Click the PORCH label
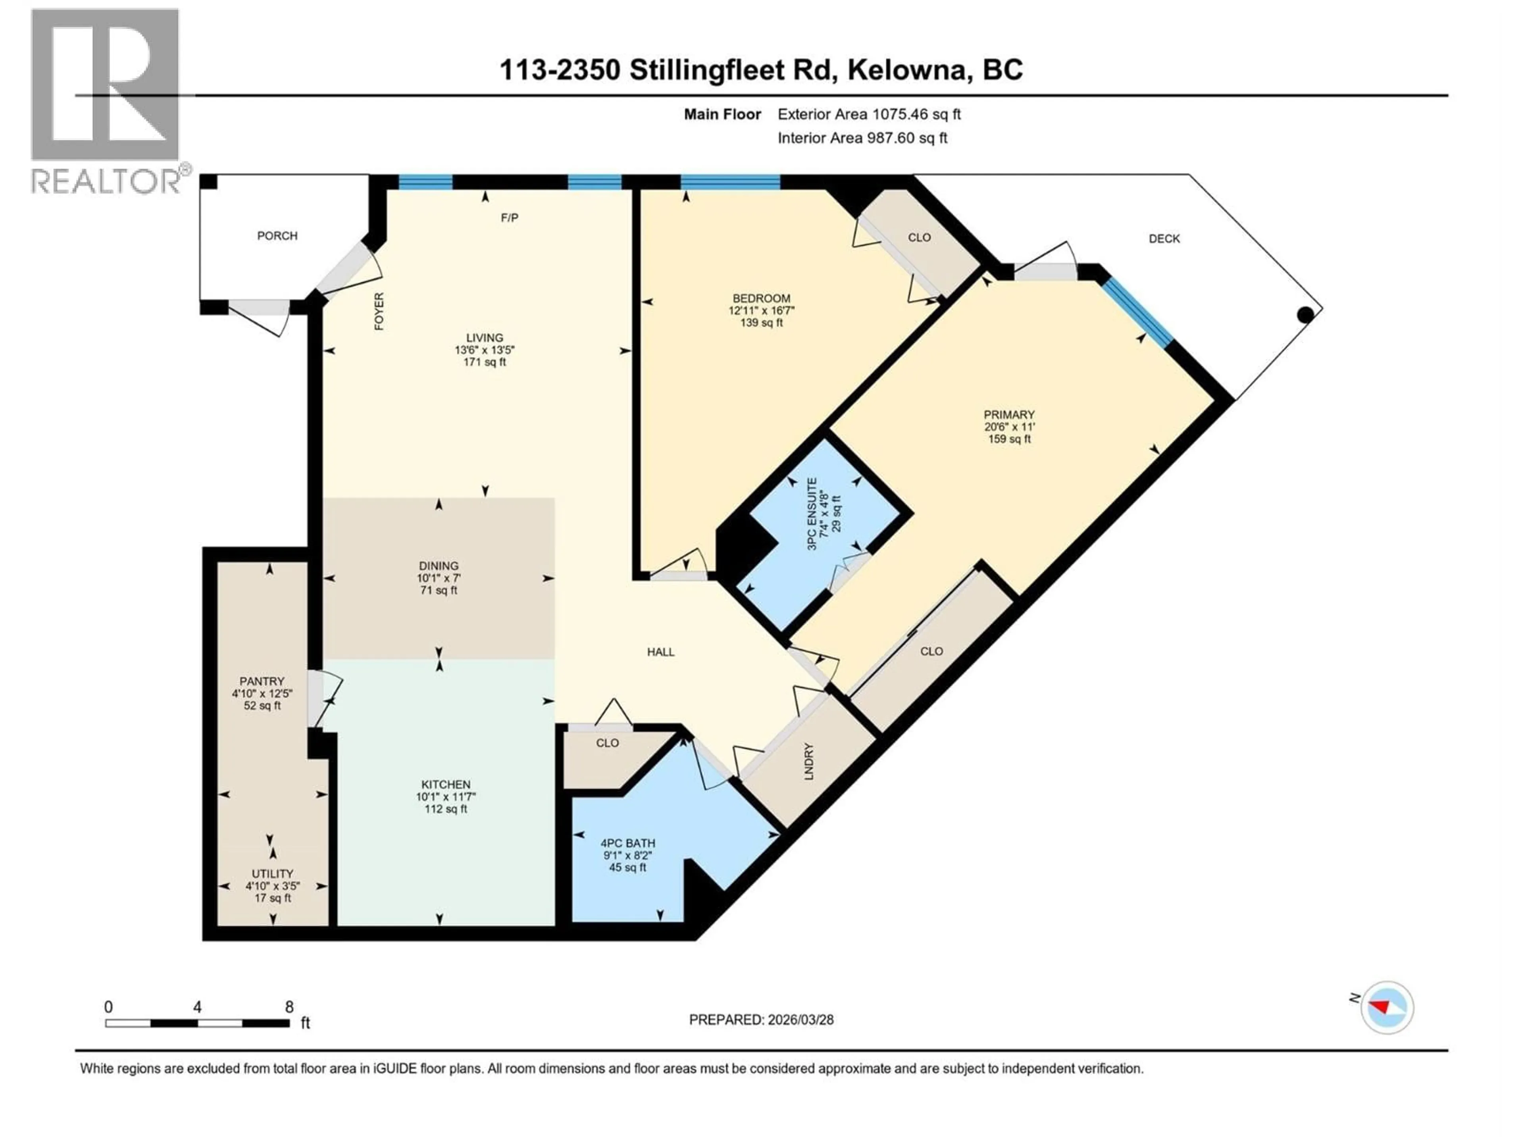click(277, 236)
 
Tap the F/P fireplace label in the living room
click(509, 218)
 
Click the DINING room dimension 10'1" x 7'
click(438, 578)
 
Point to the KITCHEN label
click(446, 784)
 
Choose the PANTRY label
click(262, 681)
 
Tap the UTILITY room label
click(272, 873)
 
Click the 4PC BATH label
click(627, 843)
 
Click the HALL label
click(660, 652)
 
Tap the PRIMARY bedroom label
click(1008, 414)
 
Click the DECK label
click(1164, 239)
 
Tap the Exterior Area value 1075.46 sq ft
click(916, 114)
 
